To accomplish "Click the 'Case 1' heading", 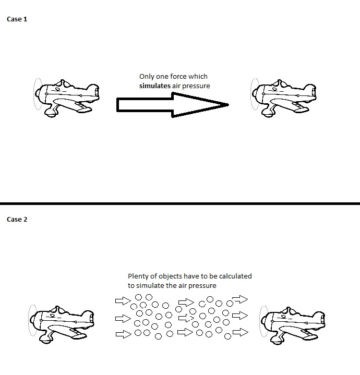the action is (x=17, y=19).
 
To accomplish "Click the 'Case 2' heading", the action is (x=17, y=219).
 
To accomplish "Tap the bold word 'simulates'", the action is (x=155, y=86).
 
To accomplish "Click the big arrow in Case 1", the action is (x=173, y=105).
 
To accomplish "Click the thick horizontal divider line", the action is (x=180, y=203).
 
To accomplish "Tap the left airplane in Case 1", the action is (x=66, y=98).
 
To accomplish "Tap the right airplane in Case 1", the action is (x=283, y=98).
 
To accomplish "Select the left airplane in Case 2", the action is (x=61, y=324).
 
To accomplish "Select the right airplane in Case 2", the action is (x=292, y=325).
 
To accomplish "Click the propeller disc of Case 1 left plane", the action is (x=34, y=94).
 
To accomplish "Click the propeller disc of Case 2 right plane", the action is (x=260, y=321).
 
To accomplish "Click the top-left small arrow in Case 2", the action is (x=123, y=301).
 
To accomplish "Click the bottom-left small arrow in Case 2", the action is (x=124, y=334).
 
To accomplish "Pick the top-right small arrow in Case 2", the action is (x=240, y=299).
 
